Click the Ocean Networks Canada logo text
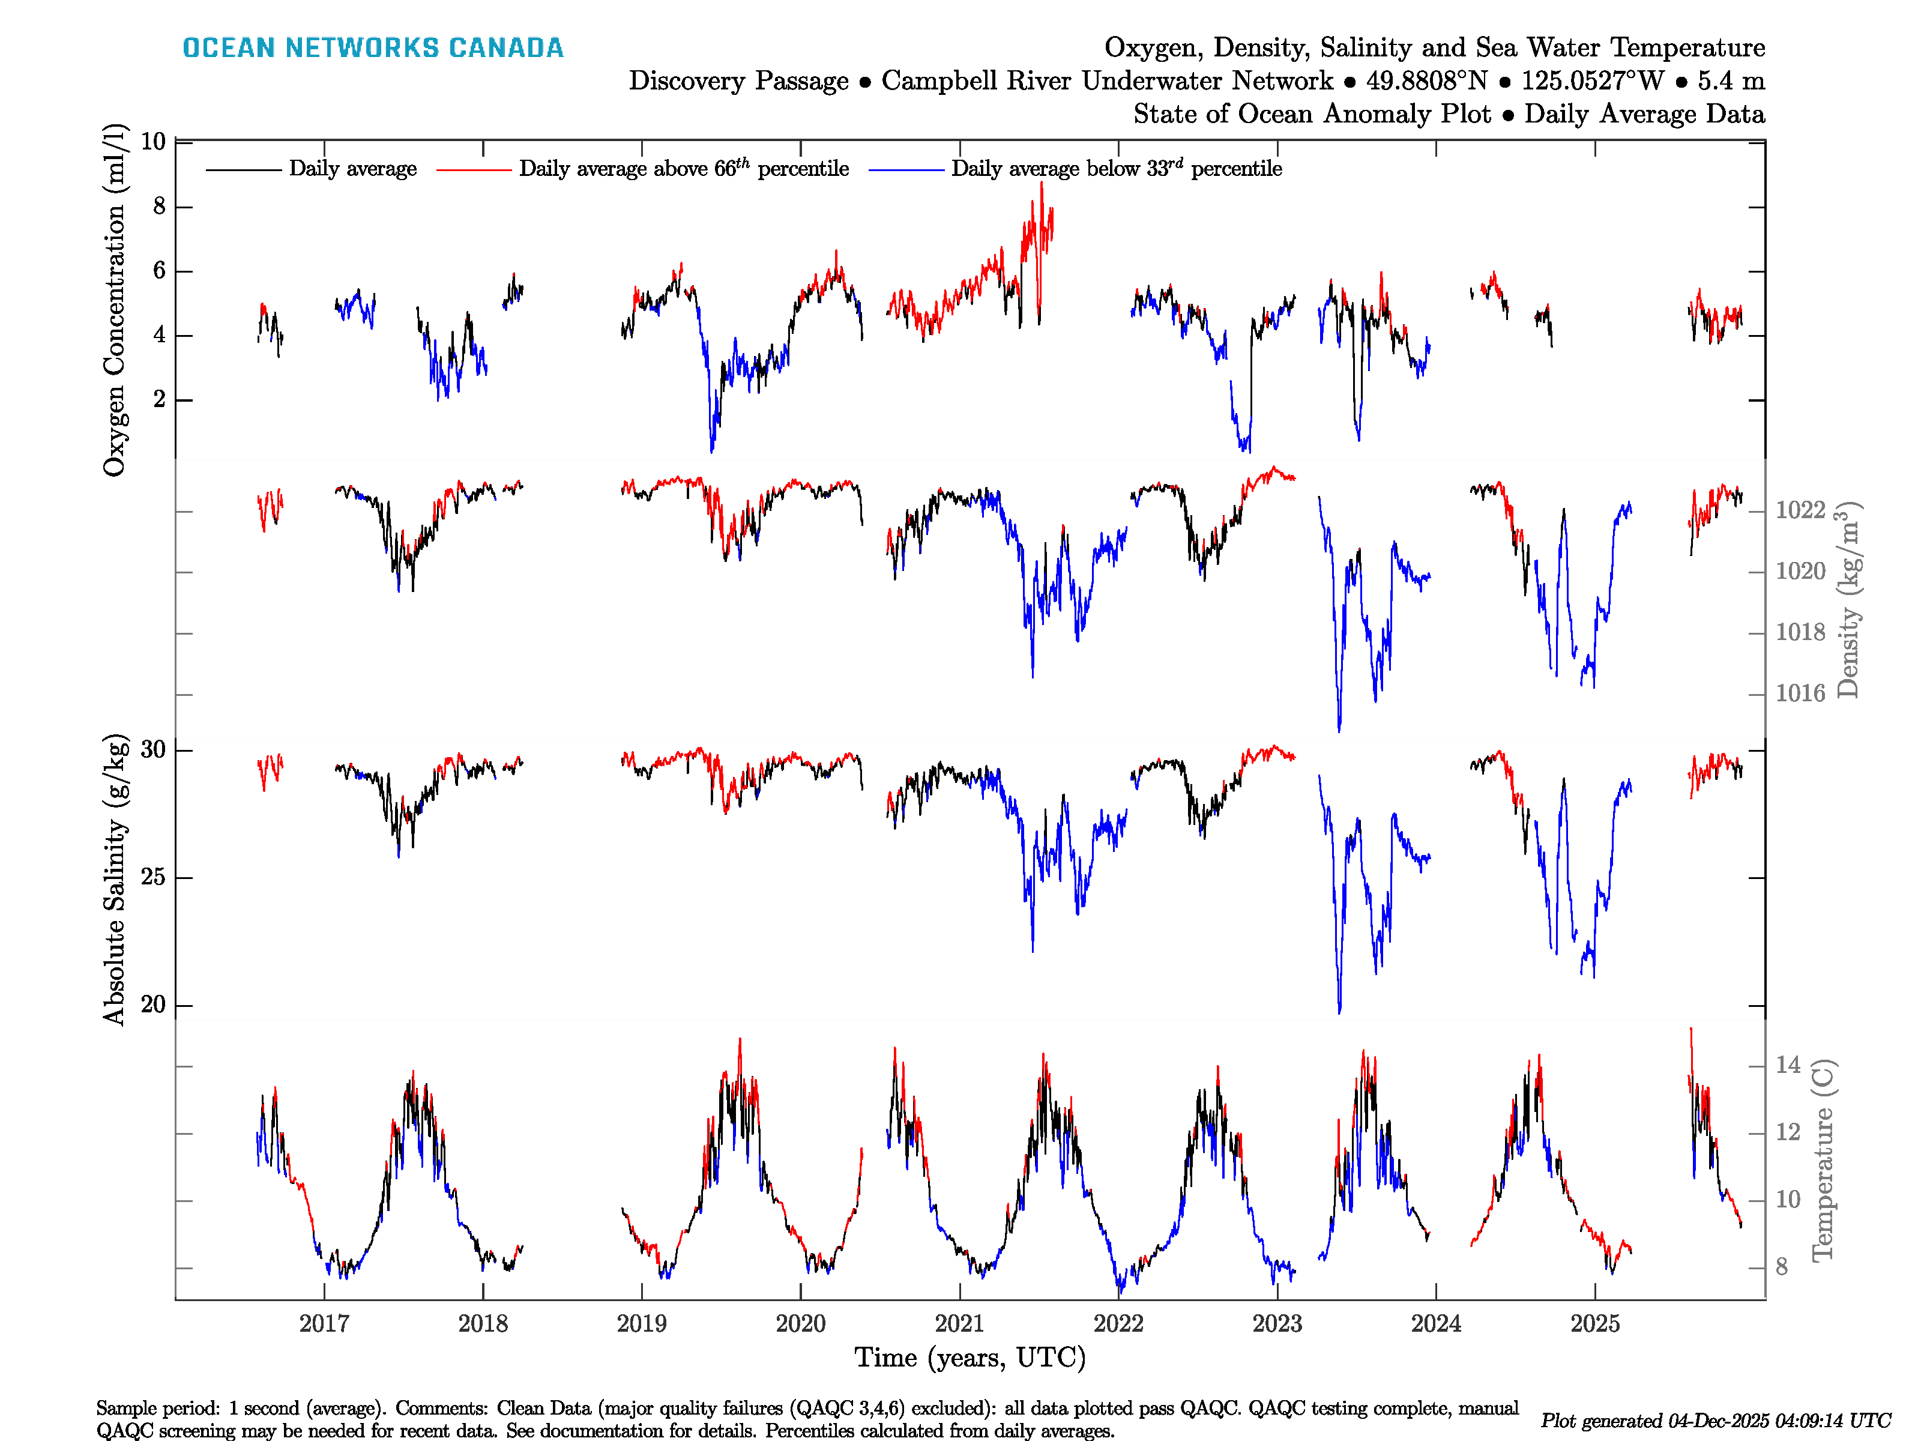373,48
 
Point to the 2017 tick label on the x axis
324,1324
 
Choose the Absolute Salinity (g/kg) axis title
115,880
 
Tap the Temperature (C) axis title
1822,1159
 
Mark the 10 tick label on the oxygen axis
153,142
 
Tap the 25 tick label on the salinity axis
153,877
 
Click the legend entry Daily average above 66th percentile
684,169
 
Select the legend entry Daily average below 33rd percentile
1116,169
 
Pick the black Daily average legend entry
352,169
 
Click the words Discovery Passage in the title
738,81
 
